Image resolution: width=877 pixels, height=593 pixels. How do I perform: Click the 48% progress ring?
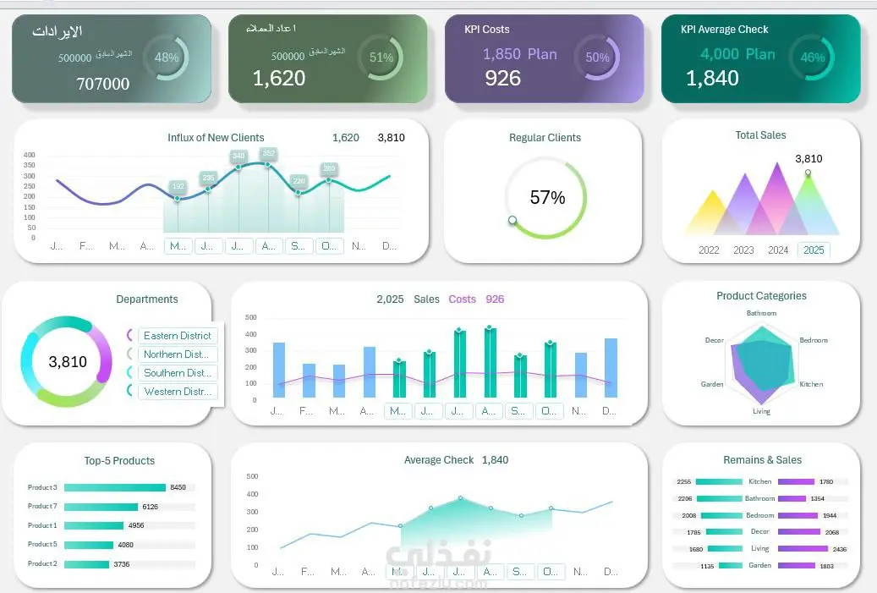coord(167,58)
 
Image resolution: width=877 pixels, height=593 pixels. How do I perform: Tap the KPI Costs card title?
coord(486,29)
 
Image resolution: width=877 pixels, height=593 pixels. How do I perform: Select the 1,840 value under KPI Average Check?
coord(712,79)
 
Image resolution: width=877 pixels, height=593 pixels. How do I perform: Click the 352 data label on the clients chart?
coord(268,153)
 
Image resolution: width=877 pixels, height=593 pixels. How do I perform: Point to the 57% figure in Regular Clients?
coord(546,198)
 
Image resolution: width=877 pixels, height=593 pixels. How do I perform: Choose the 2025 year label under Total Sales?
coord(813,250)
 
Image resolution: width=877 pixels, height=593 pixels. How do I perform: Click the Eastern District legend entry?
coord(178,336)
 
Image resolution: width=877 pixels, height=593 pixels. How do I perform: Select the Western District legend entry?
coord(178,392)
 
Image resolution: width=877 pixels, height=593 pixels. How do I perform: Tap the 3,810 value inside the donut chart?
coord(68,362)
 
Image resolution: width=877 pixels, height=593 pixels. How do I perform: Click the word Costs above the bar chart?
coord(462,299)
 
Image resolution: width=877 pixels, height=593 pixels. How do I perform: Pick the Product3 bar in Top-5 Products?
coord(114,487)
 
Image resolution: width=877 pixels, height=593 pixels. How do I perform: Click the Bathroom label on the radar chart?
coord(761,313)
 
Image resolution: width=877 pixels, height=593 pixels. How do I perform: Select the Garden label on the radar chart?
coord(712,384)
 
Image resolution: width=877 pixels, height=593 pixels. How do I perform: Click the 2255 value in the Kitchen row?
coord(684,481)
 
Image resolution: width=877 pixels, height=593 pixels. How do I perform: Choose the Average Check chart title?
coord(438,460)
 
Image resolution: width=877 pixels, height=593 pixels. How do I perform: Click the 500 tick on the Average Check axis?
coord(251,476)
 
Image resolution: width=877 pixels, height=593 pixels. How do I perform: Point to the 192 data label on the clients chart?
coord(178,186)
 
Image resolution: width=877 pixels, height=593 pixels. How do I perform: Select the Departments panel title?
coord(147,299)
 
